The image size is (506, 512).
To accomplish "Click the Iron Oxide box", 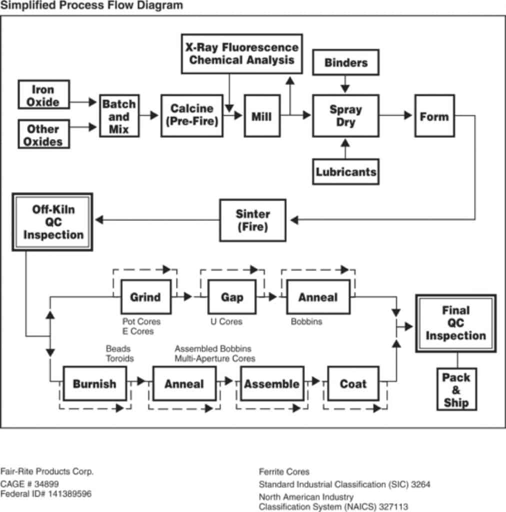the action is tap(43, 94).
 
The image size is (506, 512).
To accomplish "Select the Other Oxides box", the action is tap(43, 134).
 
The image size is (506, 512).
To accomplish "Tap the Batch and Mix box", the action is tap(119, 116).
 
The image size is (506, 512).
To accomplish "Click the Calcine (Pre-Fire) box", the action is tap(192, 115).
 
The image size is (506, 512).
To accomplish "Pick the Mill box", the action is tap(262, 115).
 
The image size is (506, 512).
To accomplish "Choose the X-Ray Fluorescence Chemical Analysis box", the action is tap(242, 54).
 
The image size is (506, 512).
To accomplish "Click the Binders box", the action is tap(345, 62).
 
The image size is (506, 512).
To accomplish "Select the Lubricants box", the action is tap(345, 172).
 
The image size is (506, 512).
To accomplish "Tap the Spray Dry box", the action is tap(345, 115).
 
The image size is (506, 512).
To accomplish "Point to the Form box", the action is tap(434, 115).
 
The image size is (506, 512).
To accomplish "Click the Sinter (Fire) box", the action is tap(252, 220).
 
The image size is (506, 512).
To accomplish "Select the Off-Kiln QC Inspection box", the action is tap(52, 222).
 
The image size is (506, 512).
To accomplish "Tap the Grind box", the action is tap(146, 297).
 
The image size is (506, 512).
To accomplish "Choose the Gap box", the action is tap(232, 297).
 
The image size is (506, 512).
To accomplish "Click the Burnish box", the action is tap(94, 383).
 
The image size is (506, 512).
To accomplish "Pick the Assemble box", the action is tap(272, 383).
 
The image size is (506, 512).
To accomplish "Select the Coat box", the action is tap(353, 383).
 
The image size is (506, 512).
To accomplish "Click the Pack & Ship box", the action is tap(456, 389).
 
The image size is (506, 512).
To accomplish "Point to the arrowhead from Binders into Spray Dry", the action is tap(345, 88).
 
